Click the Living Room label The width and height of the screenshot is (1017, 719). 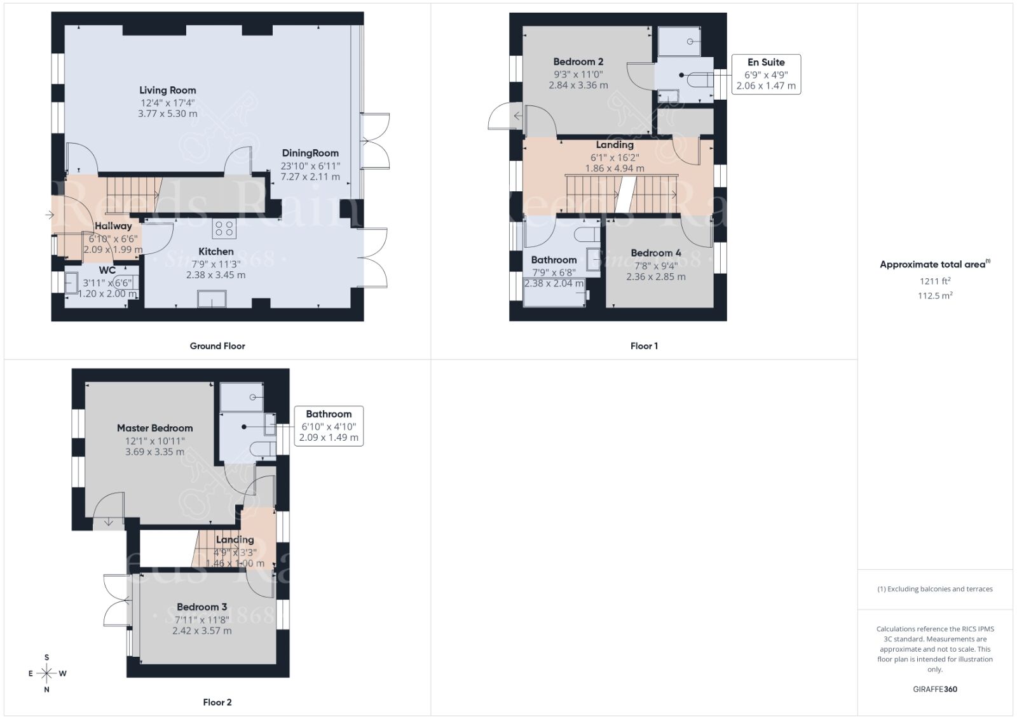[167, 90]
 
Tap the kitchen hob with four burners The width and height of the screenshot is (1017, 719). [223, 229]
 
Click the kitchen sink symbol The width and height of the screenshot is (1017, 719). [212, 298]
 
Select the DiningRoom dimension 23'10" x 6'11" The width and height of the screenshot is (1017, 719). [310, 166]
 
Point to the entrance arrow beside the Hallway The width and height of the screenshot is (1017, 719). [50, 215]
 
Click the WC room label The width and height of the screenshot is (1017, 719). [107, 270]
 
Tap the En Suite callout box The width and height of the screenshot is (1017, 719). [765, 74]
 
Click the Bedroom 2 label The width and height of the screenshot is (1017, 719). [578, 62]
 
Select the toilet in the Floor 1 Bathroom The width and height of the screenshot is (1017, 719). [586, 235]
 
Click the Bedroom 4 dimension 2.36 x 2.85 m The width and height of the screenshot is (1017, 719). [656, 277]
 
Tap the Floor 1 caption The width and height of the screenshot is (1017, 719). [644, 346]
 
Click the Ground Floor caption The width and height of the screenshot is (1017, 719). [217, 346]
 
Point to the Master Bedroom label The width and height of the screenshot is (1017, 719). [154, 428]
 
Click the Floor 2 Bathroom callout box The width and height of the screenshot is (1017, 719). [329, 426]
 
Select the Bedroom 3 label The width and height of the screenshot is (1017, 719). [201, 607]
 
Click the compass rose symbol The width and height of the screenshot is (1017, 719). [46, 673]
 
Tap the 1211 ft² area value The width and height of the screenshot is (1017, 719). [934, 281]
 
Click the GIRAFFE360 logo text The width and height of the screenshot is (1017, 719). [934, 689]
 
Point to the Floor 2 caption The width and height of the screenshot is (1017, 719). [217, 702]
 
